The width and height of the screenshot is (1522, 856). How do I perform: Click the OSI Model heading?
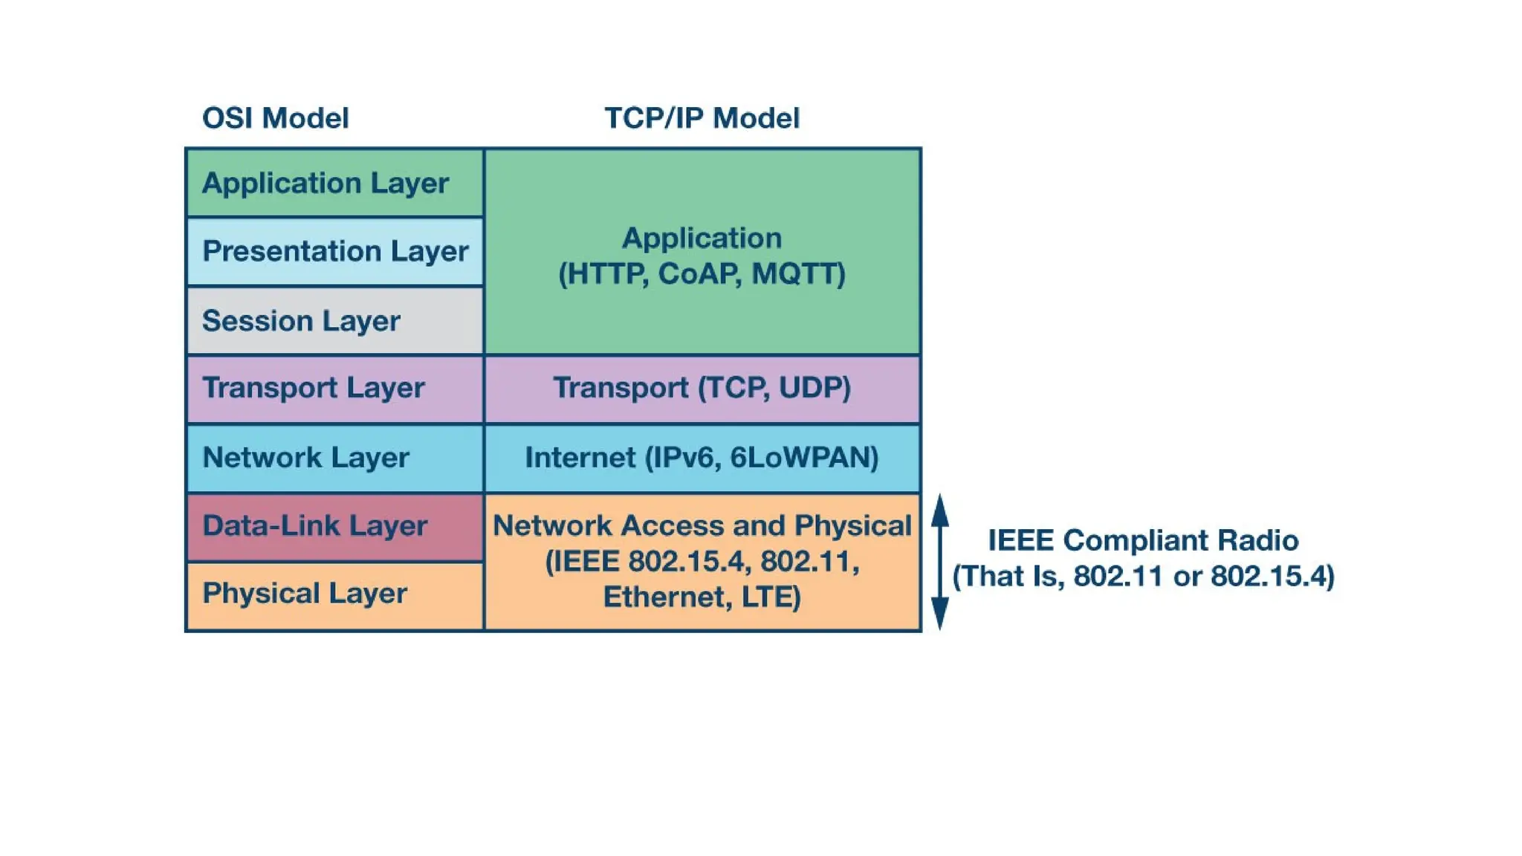275,118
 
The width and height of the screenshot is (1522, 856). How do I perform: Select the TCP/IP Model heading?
702,118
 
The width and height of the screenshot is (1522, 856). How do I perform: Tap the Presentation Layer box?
335,251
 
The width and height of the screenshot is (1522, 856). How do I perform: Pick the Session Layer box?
335,320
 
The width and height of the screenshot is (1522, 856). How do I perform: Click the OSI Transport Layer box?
335,388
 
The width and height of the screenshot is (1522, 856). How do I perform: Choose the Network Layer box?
335,458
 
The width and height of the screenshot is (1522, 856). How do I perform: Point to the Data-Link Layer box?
335,526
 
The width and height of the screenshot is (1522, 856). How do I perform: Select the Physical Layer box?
335,594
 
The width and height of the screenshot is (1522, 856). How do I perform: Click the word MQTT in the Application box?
797,273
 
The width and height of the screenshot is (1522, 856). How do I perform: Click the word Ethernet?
664,597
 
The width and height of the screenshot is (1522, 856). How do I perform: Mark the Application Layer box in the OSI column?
335,183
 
